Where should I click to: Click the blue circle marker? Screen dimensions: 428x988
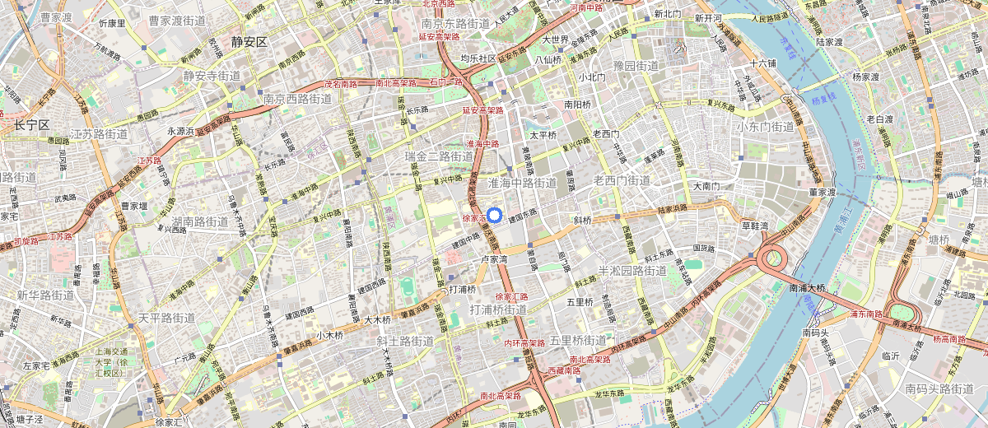[x=494, y=216]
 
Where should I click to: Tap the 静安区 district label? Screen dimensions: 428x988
[x=250, y=42]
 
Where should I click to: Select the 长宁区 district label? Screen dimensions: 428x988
[x=32, y=125]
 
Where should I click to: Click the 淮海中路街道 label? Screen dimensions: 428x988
[x=523, y=182]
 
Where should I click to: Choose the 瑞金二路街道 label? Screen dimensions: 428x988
[x=440, y=156]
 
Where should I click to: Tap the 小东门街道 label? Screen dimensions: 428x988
[x=765, y=127]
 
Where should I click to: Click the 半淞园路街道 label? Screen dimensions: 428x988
[x=631, y=271]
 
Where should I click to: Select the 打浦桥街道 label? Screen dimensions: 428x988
[x=498, y=309]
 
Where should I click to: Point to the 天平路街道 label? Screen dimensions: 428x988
[x=166, y=318]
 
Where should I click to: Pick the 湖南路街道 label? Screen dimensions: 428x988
[x=200, y=222]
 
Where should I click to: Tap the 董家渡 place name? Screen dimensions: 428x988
[x=823, y=192]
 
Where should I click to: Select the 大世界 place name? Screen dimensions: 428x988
[x=556, y=39]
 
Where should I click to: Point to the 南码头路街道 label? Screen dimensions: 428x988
[x=944, y=388]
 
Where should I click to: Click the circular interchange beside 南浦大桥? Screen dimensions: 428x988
[x=774, y=259]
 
